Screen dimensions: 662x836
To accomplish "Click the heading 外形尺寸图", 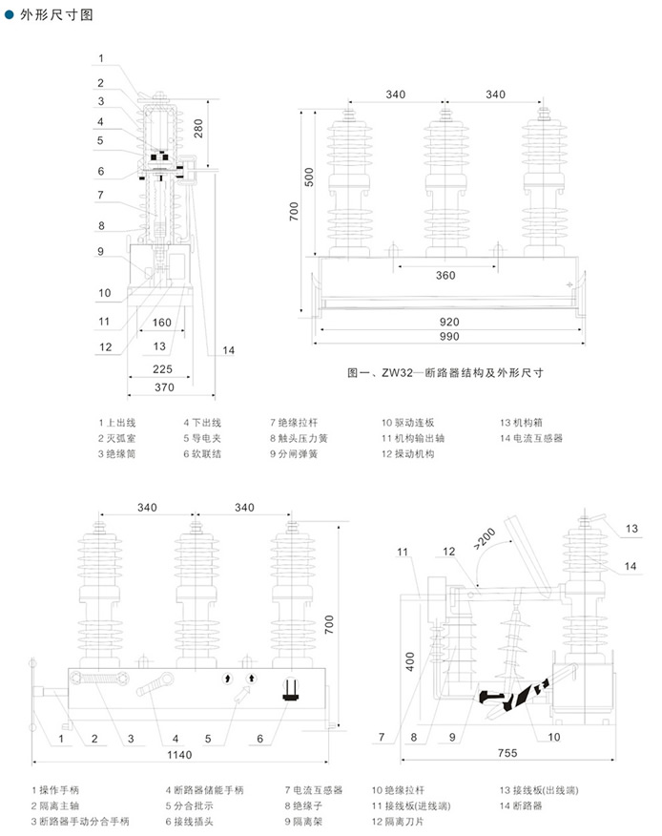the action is [56, 15].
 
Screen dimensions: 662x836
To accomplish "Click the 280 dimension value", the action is [198, 129].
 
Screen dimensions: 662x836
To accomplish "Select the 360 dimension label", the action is [445, 276].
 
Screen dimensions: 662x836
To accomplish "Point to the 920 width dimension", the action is [449, 322].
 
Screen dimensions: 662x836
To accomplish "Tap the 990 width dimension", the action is [449, 337].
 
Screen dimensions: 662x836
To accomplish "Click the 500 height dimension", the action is [309, 177].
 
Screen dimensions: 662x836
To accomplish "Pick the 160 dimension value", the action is [161, 323].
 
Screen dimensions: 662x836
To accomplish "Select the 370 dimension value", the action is [164, 387].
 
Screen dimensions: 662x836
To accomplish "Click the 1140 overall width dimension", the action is [179, 755].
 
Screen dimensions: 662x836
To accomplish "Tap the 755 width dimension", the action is [507, 753].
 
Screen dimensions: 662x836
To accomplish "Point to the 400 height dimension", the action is [410, 661].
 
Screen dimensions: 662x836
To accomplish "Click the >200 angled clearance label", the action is [484, 538].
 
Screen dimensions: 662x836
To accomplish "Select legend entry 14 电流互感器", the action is [531, 438].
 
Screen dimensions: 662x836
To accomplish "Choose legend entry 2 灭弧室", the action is [116, 438].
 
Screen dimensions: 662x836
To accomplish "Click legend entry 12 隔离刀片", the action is [398, 822].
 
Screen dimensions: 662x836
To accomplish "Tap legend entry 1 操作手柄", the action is [55, 790].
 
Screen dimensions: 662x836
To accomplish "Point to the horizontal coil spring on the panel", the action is [98, 679].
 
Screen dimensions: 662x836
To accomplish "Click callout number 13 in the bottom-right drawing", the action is [631, 529].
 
